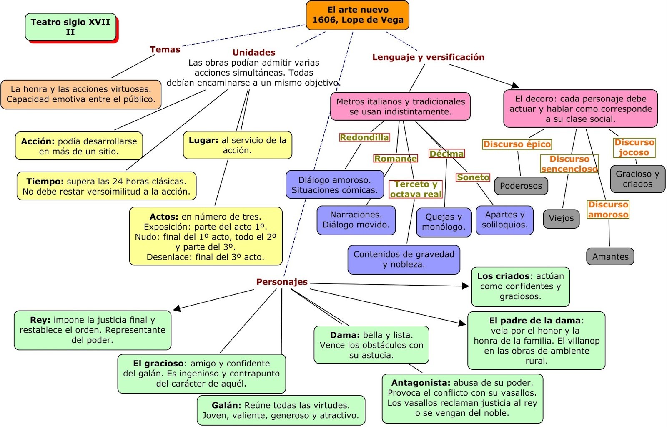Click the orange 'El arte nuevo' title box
click(x=357, y=15)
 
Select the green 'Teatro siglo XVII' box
click(x=70, y=27)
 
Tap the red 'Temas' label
click(x=165, y=49)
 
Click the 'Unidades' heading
click(x=254, y=52)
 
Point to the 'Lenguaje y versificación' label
click(x=428, y=57)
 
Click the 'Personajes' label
click(x=282, y=282)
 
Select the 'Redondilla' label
click(x=364, y=137)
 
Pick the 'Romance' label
click(x=395, y=158)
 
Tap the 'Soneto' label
click(x=473, y=177)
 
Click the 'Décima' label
click(x=446, y=154)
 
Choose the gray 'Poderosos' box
click(x=521, y=186)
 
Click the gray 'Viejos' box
click(x=561, y=218)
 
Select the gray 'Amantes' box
click(x=610, y=257)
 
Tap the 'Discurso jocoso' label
click(x=634, y=147)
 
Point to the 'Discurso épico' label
click(x=517, y=144)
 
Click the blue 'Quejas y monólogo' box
click(x=444, y=222)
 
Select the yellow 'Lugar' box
click(x=237, y=145)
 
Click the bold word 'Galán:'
click(x=226, y=405)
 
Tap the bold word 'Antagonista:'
click(x=421, y=383)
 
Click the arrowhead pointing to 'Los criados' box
click(x=466, y=286)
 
